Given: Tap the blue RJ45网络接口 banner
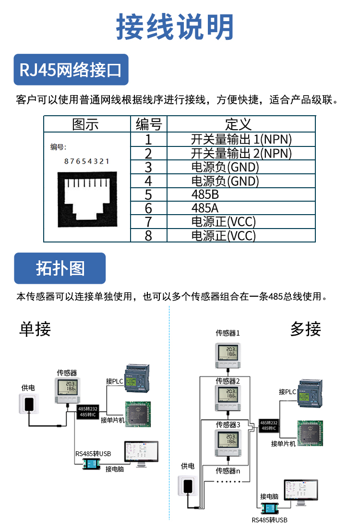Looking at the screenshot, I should tap(71, 70).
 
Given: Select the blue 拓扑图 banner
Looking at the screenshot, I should tap(60, 268).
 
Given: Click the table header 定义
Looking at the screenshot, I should tap(239, 124).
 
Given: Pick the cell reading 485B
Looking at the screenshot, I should tap(205, 195).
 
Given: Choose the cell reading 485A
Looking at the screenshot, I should tap(205, 208).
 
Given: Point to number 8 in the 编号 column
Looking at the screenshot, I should tap(148, 236).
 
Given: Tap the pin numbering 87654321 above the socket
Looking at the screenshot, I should tap(87, 161).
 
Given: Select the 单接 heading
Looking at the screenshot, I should tap(35, 329).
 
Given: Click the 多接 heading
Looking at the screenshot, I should tap(305, 329).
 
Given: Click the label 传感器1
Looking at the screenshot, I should tap(228, 333).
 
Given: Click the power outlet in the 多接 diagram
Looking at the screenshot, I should tap(188, 485).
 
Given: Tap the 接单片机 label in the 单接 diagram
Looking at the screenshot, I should tap(113, 420).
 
